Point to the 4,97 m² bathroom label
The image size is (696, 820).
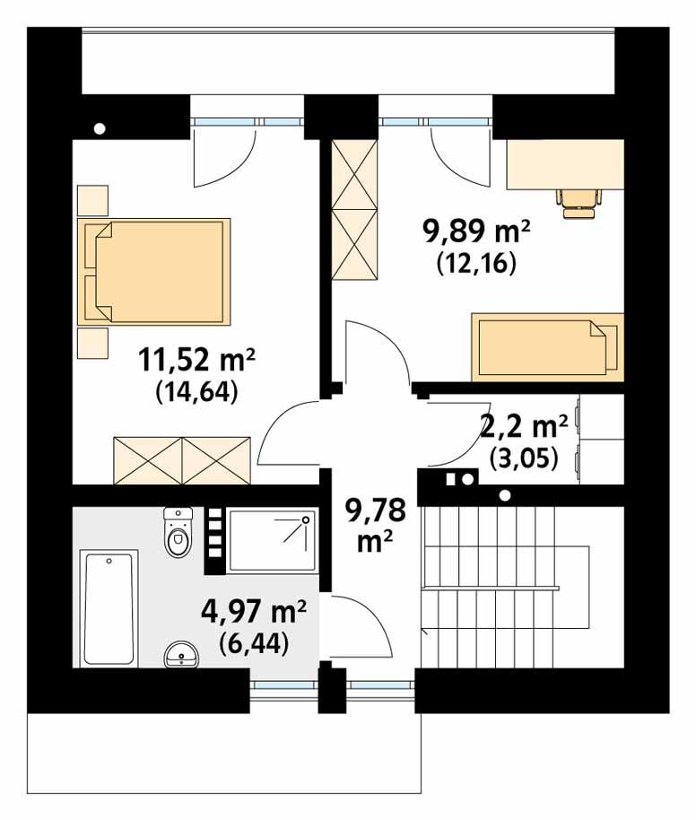(254, 614)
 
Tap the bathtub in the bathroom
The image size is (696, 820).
(109, 607)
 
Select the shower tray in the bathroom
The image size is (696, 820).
(272, 541)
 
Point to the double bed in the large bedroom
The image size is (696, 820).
(154, 271)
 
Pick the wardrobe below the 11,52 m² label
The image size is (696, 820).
(182, 460)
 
